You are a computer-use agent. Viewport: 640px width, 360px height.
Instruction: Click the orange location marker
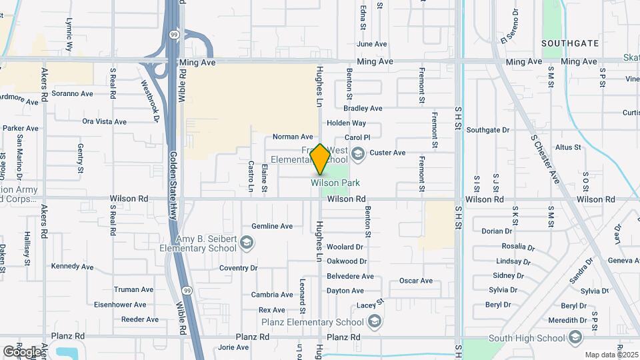pos(320,159)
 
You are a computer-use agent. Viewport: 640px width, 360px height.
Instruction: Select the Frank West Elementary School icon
pos(358,155)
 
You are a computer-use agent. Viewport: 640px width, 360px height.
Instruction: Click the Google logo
pos(22,351)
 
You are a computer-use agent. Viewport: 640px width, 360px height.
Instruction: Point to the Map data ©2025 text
pos(610,355)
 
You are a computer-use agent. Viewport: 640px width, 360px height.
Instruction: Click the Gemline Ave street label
pos(272,227)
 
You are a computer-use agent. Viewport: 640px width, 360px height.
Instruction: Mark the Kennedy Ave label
pos(73,267)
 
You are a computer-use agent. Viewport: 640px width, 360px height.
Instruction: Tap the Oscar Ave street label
pos(415,281)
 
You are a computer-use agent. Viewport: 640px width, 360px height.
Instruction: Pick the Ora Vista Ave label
pos(104,122)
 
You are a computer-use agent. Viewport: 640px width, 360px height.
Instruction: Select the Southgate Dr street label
pos(487,130)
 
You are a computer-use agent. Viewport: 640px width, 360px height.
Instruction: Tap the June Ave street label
pos(371,44)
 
